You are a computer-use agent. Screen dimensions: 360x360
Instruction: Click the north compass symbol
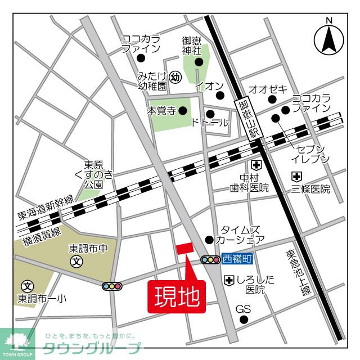point(329,38)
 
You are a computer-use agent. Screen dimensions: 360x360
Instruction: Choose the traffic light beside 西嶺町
point(210,260)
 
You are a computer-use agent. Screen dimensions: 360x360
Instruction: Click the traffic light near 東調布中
point(112,286)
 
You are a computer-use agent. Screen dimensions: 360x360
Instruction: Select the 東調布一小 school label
point(41,298)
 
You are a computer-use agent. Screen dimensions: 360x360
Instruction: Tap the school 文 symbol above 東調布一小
point(26,286)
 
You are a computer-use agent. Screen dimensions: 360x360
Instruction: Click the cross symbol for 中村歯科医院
point(256,165)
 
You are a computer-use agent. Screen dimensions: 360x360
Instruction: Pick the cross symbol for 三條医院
point(296,176)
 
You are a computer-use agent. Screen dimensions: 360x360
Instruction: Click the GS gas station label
point(242,309)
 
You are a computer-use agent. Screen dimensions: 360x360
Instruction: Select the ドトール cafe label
point(210,123)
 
